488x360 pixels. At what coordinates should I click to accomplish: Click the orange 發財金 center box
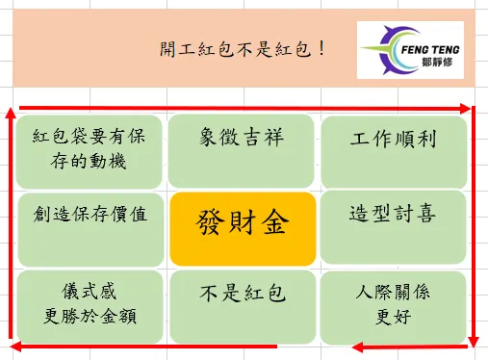coord(243,227)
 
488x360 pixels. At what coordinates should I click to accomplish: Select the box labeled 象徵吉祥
coord(243,149)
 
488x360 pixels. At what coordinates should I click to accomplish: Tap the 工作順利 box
coord(394,149)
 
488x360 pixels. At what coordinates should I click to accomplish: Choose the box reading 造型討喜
coord(394,227)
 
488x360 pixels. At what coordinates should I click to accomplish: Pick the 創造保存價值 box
coord(90,227)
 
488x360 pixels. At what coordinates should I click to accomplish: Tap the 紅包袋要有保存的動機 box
coord(90,149)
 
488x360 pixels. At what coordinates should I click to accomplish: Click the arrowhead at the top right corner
coord(466,108)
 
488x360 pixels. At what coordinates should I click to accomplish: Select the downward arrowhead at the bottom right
coord(474,339)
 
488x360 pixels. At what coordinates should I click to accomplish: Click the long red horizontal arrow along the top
coord(241,108)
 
